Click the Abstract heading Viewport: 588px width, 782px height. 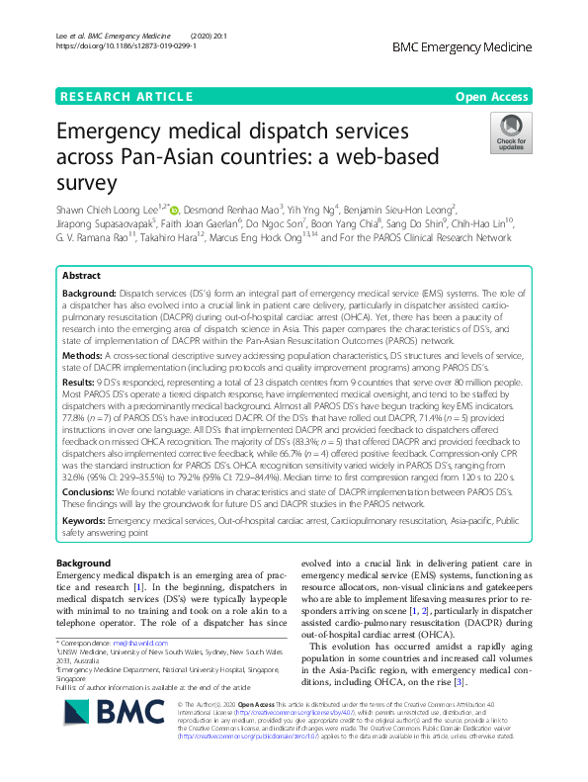click(x=81, y=277)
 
